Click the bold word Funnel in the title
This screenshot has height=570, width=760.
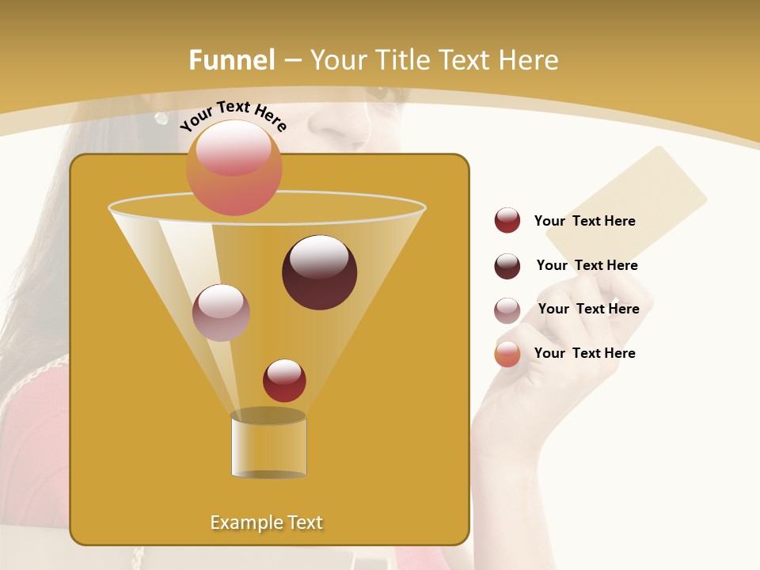(232, 60)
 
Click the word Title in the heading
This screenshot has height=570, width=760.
(404, 60)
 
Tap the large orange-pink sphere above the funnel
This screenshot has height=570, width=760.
(234, 168)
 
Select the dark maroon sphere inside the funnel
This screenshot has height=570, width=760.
(319, 272)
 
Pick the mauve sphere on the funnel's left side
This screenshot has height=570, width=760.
(221, 313)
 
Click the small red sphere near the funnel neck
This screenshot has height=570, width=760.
(284, 380)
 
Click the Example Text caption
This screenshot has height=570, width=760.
(267, 522)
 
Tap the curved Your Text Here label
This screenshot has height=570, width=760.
(233, 116)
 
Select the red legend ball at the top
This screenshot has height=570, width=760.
(507, 221)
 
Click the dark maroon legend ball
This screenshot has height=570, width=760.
(507, 266)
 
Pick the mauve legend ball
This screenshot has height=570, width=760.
(507, 310)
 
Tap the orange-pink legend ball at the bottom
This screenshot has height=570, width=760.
(507, 354)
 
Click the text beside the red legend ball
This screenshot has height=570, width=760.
(584, 221)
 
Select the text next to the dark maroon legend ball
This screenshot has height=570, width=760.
(587, 265)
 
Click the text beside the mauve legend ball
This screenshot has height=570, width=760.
(588, 309)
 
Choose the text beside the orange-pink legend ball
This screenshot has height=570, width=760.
(584, 353)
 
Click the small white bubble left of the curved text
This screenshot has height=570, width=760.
(161, 118)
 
